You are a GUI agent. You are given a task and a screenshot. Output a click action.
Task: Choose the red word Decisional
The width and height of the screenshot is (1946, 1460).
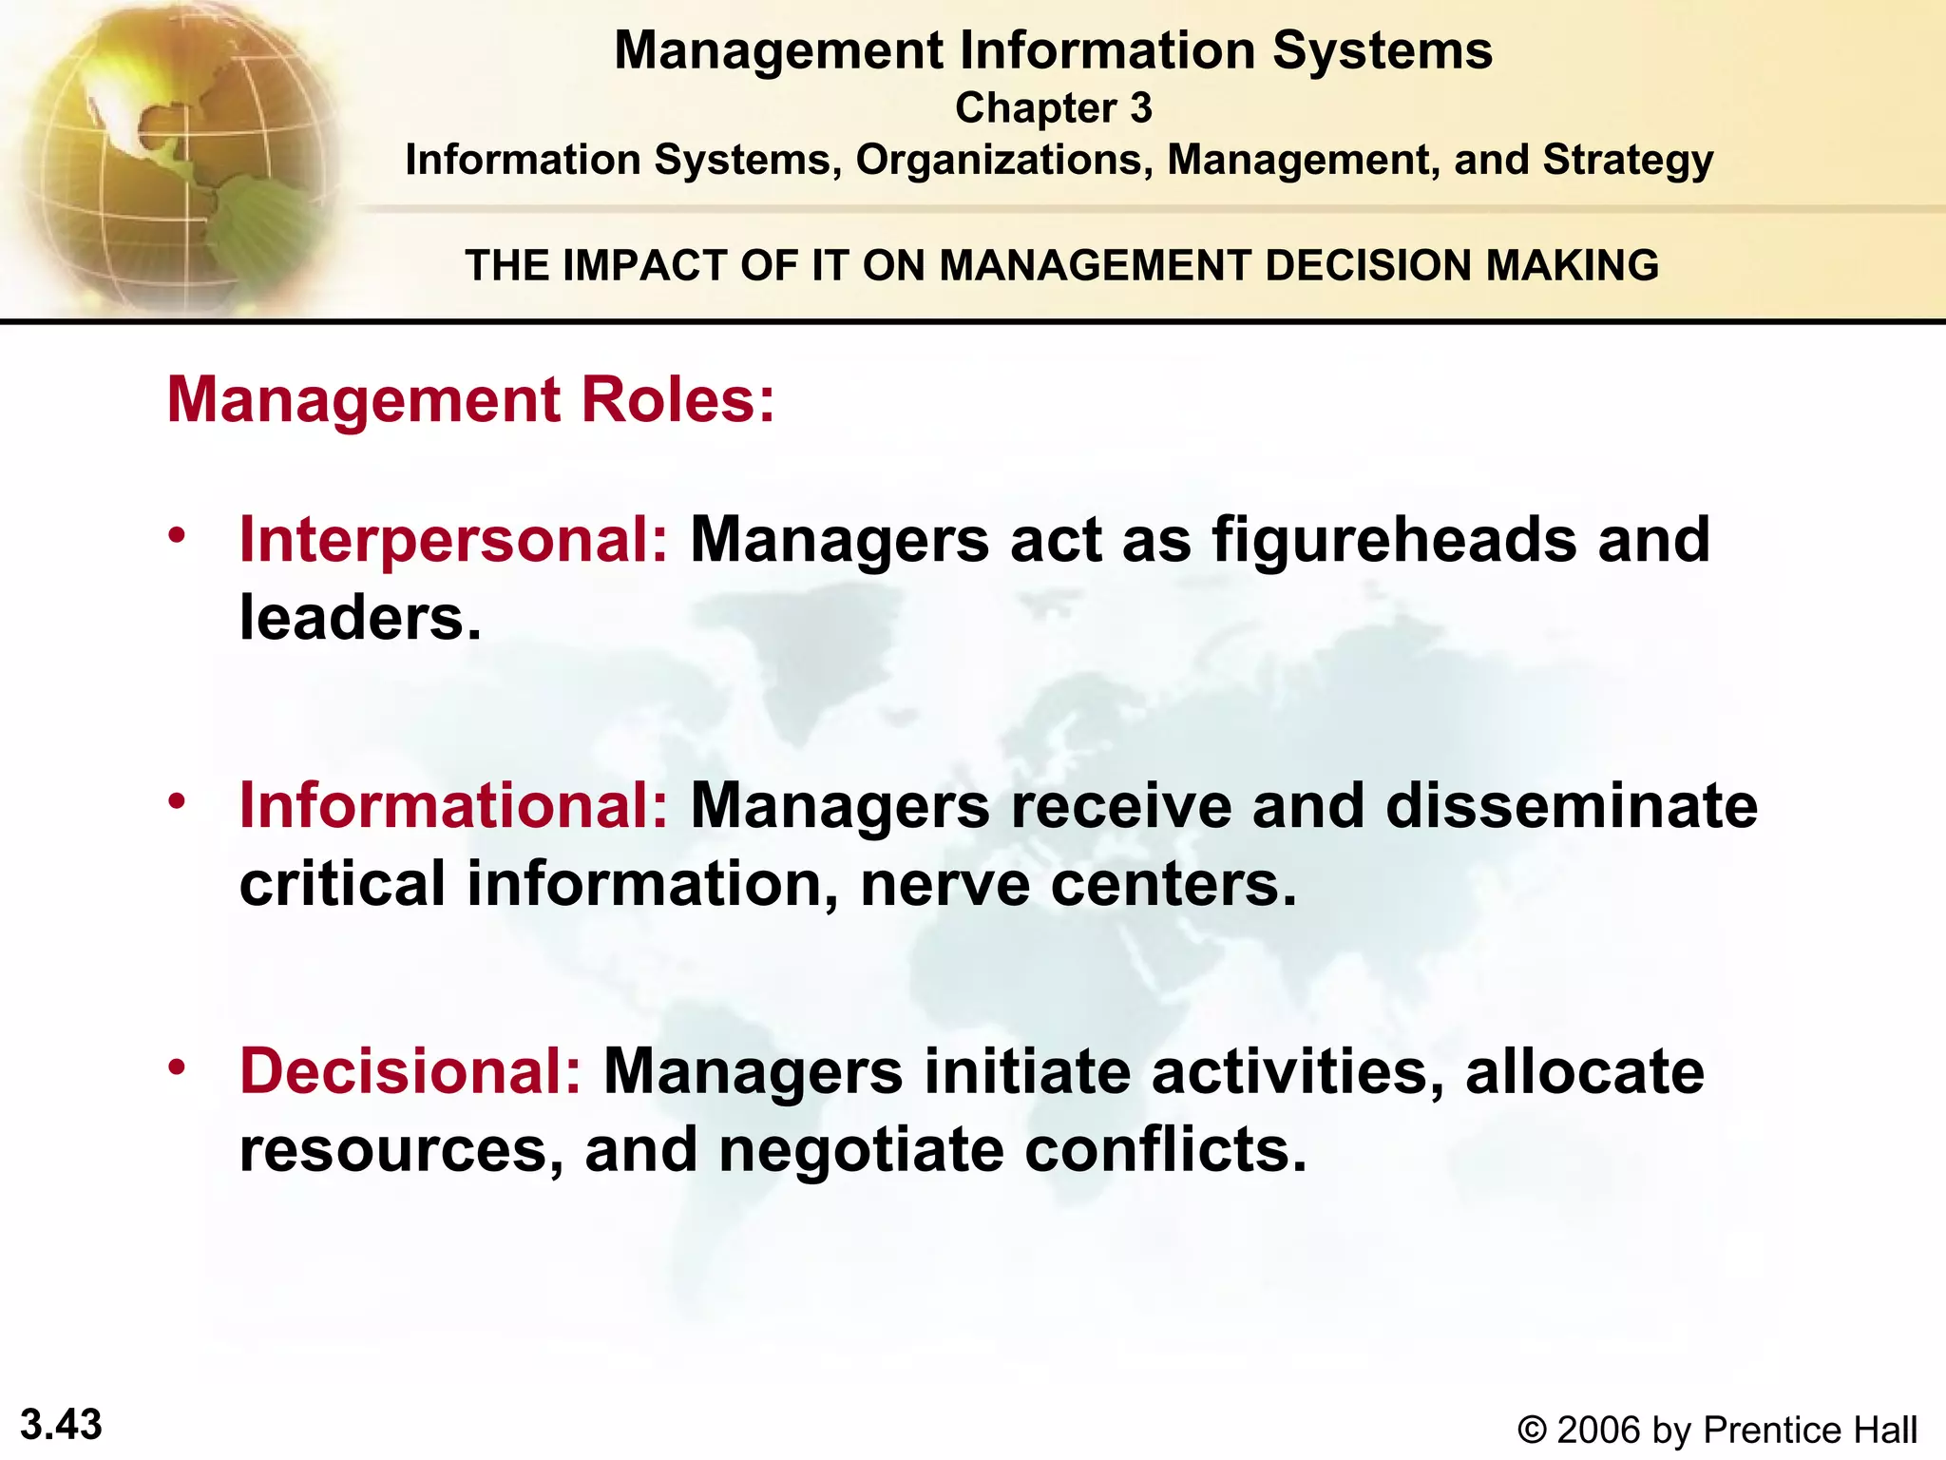click(410, 1071)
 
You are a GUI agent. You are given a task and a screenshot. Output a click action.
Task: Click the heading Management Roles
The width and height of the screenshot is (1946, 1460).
click(471, 399)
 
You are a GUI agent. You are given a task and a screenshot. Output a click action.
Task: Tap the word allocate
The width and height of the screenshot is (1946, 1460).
click(1585, 1071)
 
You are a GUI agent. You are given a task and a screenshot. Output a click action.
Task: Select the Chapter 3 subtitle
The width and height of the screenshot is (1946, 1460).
click(1053, 108)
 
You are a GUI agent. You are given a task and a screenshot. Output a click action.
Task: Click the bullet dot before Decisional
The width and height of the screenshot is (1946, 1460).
click(176, 1067)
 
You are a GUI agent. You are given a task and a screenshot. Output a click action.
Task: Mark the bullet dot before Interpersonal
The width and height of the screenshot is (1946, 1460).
click(176, 536)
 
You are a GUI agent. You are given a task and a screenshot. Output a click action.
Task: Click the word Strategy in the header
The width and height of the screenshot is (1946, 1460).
click(1628, 161)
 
